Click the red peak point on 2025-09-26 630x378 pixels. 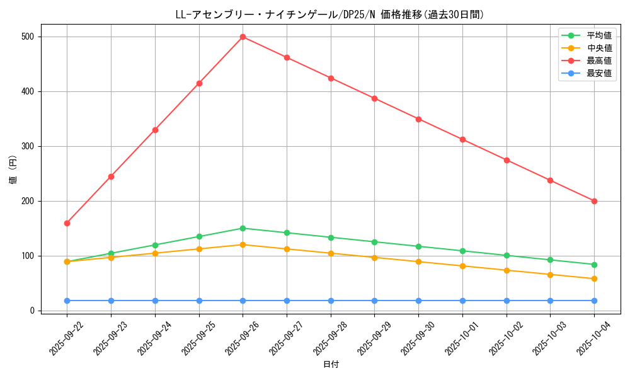click(243, 37)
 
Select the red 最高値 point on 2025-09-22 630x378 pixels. click(67, 223)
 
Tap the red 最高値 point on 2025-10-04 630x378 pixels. click(594, 201)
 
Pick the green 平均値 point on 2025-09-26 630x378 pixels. click(243, 228)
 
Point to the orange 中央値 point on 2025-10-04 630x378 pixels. click(594, 278)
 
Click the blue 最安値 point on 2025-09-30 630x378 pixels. click(418, 301)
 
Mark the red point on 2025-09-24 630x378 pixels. click(155, 130)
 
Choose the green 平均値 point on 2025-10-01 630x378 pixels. click(462, 251)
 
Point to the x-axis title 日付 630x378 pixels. click(331, 365)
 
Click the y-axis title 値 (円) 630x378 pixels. click(13, 170)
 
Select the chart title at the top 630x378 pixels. click(330, 14)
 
